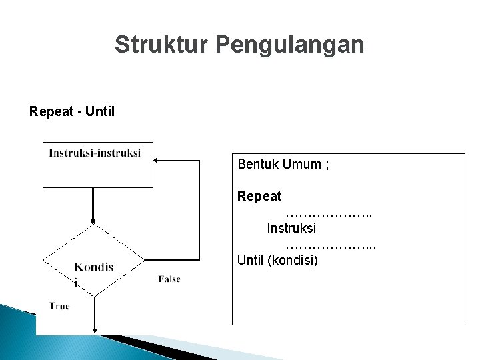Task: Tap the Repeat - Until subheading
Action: coord(72,110)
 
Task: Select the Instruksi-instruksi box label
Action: coord(95,153)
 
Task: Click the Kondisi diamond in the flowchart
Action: coord(93,261)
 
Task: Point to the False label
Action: coord(169,279)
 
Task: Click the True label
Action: coord(59,306)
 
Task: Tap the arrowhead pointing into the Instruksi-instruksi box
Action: coord(157,161)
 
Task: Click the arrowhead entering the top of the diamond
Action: coord(93,219)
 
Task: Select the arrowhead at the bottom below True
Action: coord(93,329)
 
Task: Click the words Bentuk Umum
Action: coord(279,164)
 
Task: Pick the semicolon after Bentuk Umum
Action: coord(326,164)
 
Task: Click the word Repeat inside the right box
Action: coord(259,197)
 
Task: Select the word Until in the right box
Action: coord(251,259)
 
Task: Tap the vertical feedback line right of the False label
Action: coord(199,220)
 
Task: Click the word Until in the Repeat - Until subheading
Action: coord(100,110)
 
